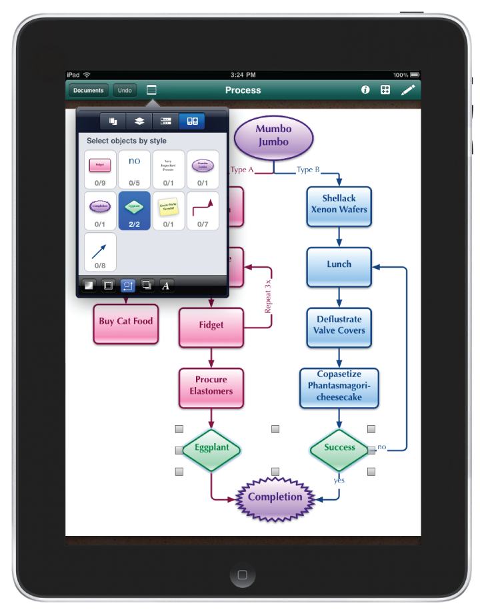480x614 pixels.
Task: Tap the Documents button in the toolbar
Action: pos(89,90)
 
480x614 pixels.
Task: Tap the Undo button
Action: pos(125,90)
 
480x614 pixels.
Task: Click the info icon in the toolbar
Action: pos(365,89)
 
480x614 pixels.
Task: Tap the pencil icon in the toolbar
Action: pos(408,89)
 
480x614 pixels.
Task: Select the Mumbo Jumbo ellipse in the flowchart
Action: pos(273,136)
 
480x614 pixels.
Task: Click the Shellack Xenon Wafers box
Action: pos(339,204)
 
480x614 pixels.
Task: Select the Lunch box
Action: pos(339,264)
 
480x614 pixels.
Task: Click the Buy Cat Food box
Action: pos(126,322)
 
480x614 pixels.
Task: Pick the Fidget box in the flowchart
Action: pos(211,325)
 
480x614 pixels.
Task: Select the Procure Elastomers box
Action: pos(211,386)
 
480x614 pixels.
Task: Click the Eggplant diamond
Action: pos(211,448)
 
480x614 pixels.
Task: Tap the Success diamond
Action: pos(339,448)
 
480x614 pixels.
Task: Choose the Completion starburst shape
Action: pos(275,497)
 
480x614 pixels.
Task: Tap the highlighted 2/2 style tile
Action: pos(135,211)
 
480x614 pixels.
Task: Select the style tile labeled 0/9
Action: pos(100,170)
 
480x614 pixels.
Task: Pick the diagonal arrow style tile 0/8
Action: pos(100,252)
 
